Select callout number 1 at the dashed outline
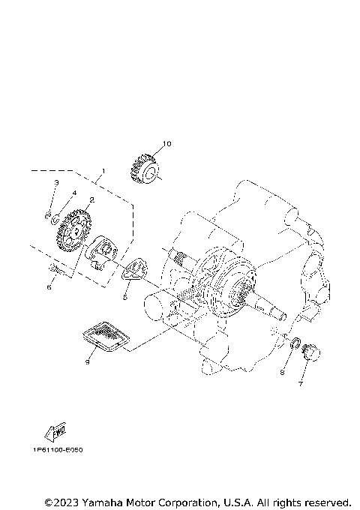[103, 172]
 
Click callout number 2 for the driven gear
[91, 200]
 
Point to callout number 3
[55, 183]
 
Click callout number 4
[74, 193]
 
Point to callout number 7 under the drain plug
[301, 384]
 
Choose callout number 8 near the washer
[283, 372]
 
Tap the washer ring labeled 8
[296, 344]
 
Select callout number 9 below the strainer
[88, 361]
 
